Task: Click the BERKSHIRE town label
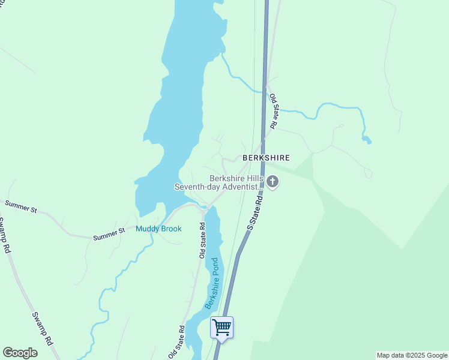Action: click(x=266, y=158)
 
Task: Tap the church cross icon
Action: click(x=273, y=182)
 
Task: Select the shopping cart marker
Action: click(x=221, y=328)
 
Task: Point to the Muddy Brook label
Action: click(x=158, y=229)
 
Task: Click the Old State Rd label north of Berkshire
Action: click(x=274, y=112)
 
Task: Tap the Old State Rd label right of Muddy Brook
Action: click(x=202, y=239)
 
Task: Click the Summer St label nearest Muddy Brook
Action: click(x=109, y=234)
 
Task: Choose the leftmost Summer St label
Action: click(x=21, y=208)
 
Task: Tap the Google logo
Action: click(x=20, y=353)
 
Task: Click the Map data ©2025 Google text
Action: click(x=412, y=355)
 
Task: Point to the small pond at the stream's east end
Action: click(x=366, y=140)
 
